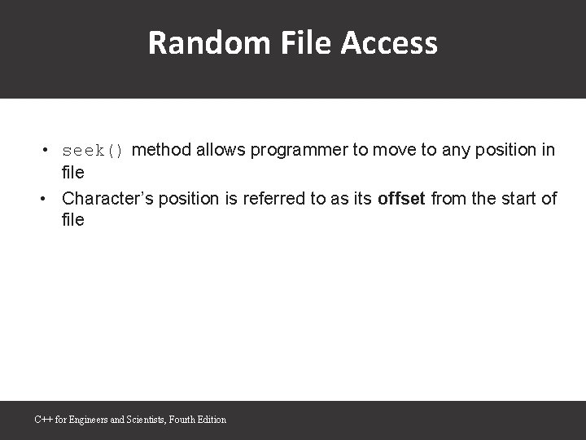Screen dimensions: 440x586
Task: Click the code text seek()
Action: (x=93, y=151)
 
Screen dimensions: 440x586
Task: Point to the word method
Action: (x=160, y=150)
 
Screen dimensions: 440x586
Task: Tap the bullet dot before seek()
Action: (x=48, y=151)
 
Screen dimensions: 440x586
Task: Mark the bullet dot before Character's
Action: (x=48, y=198)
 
